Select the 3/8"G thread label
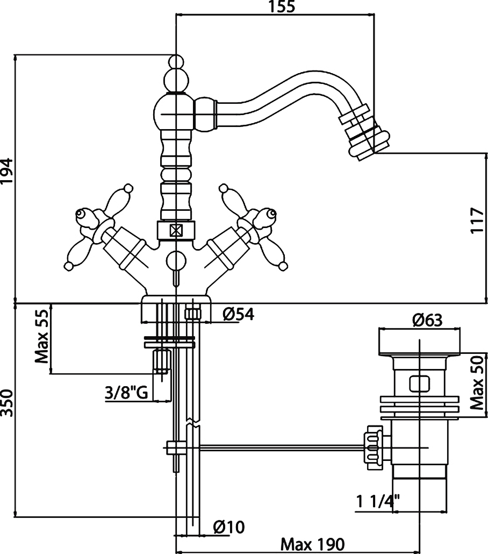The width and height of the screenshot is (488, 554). point(126,393)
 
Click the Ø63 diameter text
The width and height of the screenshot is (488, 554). point(427,320)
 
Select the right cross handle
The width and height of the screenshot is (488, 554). point(251,226)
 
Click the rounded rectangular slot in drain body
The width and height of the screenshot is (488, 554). point(420,383)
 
